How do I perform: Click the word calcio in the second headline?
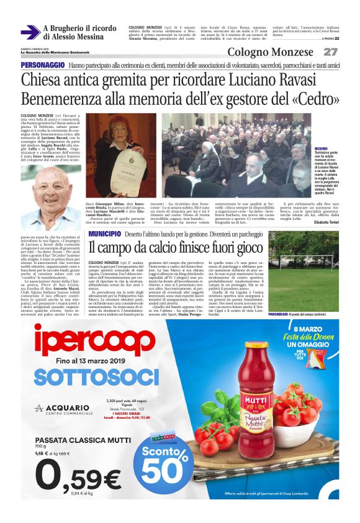tap(171, 247)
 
